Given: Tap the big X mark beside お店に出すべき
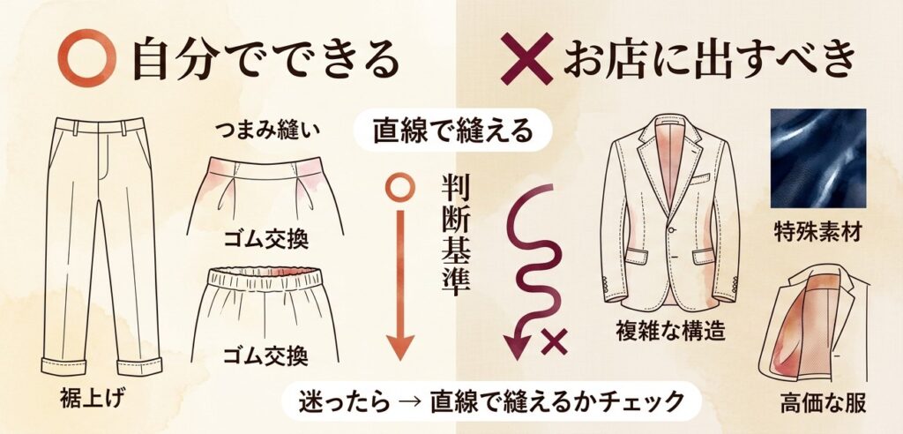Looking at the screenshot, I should pos(525,59).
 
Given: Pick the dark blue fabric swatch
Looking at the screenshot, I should pos(817,158).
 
